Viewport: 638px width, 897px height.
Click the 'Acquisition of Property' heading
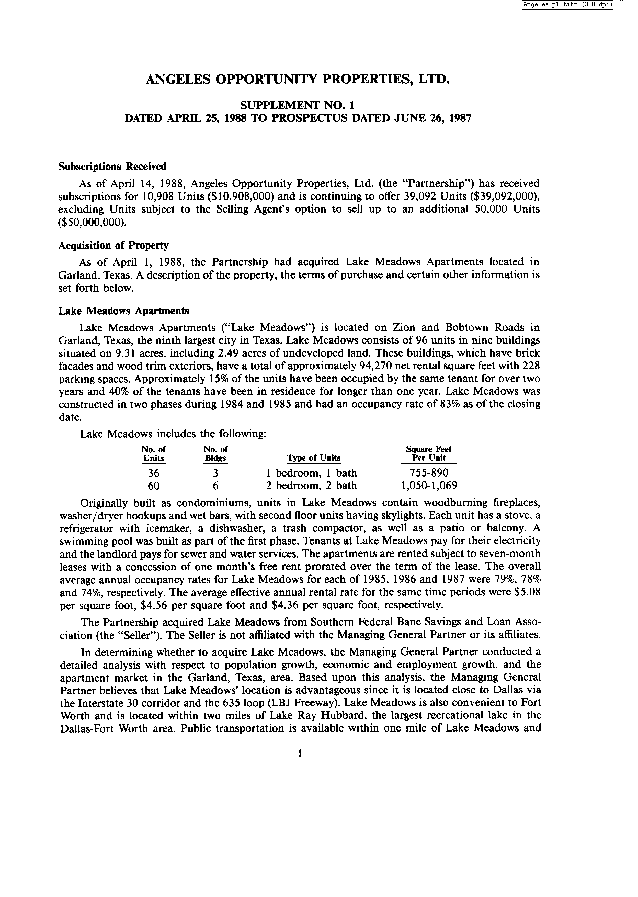click(113, 246)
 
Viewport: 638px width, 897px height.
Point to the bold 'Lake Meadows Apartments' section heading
click(124, 311)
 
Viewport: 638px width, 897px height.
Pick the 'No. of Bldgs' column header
click(215, 453)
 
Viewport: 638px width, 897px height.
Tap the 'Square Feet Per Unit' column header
click(428, 453)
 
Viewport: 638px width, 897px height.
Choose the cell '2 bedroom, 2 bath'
click(311, 486)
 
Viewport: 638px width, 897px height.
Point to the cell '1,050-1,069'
click(428, 486)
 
